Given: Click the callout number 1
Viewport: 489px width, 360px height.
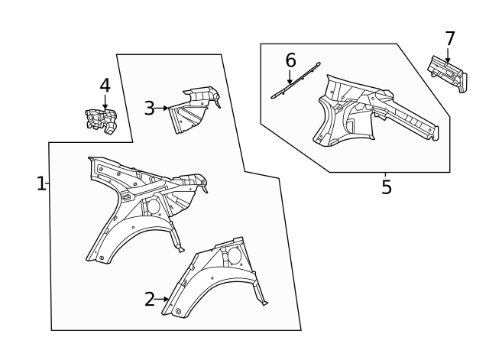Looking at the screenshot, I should pos(41,183).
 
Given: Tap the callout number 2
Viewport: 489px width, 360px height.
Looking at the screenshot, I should pos(150,300).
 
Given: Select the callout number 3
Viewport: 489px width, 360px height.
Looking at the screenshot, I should pos(149,109).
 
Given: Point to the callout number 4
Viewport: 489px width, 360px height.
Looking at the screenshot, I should pos(105,85).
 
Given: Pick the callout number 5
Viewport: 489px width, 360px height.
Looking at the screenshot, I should pos(387,186).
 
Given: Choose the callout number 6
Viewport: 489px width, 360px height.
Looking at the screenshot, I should pos(290,60).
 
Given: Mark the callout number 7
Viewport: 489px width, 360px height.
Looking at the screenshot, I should pos(449,38).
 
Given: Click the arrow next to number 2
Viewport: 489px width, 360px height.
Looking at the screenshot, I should pos(164,300).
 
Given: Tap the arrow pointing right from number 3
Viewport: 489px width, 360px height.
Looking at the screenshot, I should pos(162,109).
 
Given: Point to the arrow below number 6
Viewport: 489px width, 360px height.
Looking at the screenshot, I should pos(290,76).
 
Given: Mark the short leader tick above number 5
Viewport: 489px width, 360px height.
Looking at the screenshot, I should pos(386,175).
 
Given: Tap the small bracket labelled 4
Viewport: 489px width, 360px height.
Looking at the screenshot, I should pos(102,121).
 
